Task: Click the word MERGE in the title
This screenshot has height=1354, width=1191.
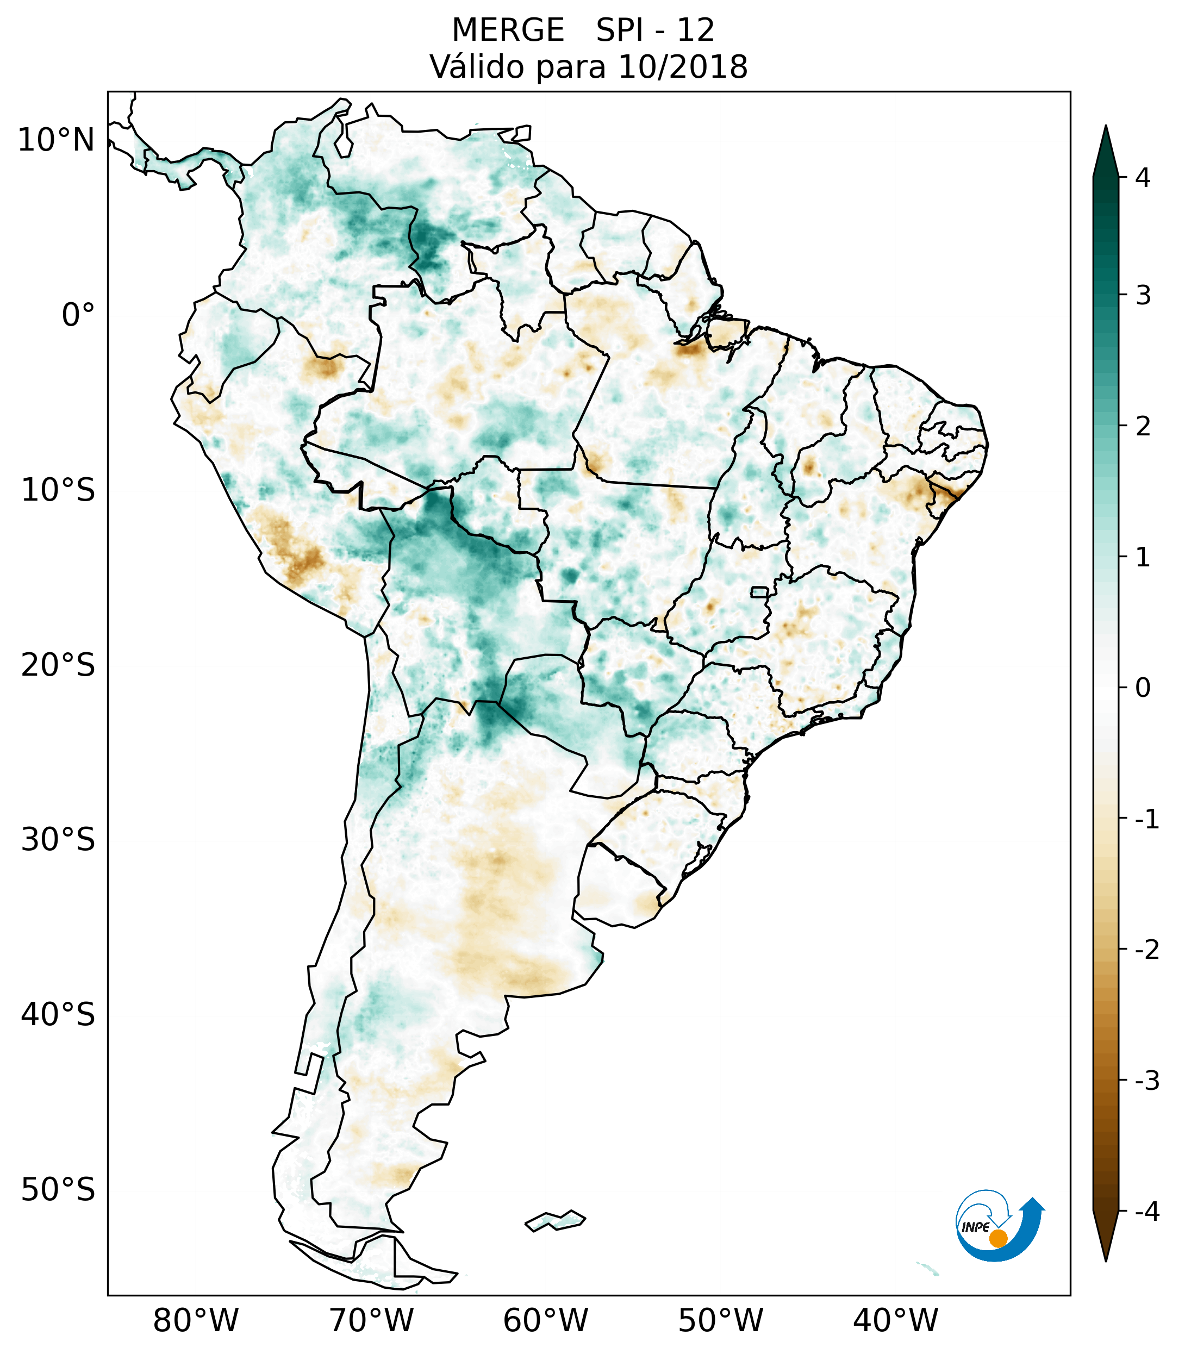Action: [507, 30]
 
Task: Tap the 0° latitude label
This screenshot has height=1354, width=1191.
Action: [78, 315]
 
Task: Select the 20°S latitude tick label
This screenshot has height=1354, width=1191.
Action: [58, 665]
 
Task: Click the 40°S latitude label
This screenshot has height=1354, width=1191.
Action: [58, 1015]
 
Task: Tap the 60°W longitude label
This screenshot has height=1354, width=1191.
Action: [545, 1320]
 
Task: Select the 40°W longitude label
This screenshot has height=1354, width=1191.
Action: [896, 1320]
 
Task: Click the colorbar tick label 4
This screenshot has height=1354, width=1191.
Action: [1143, 178]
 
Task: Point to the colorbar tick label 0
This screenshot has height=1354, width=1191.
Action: [1143, 688]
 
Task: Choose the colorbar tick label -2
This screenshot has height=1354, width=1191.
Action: [1146, 950]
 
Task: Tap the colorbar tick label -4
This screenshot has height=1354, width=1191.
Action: [1146, 1212]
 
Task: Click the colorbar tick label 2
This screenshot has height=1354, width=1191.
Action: [1143, 427]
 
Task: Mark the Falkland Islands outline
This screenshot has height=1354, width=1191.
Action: [555, 1220]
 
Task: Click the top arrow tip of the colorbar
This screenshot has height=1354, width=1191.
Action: [1106, 127]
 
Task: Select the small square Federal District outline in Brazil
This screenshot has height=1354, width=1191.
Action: [759, 591]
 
